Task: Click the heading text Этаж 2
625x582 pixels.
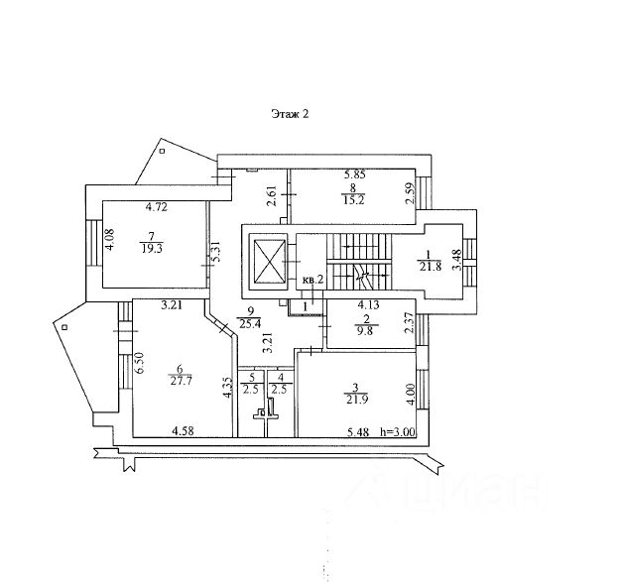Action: (290, 114)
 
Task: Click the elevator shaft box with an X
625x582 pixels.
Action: (268, 262)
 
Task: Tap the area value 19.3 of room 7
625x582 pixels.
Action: (152, 249)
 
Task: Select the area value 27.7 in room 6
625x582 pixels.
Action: (181, 381)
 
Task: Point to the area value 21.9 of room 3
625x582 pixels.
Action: (357, 400)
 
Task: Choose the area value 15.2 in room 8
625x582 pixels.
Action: (353, 200)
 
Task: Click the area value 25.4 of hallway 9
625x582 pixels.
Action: (250, 323)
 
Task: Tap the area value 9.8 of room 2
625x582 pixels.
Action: (365, 330)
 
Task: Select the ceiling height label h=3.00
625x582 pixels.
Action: (398, 432)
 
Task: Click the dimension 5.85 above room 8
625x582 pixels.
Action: (355, 175)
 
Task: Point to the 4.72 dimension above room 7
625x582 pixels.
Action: (157, 207)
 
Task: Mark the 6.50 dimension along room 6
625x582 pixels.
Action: (139, 363)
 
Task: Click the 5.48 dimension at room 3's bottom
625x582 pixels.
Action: (358, 432)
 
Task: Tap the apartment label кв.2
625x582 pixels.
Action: (312, 280)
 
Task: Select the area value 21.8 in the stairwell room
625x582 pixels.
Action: (431, 267)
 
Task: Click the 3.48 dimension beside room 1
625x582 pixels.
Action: (456, 260)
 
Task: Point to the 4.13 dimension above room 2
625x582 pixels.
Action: (368, 305)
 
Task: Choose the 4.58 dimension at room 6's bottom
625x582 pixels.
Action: (183, 430)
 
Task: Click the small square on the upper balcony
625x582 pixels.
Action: (163, 151)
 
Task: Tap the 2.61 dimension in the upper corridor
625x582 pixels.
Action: (272, 196)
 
